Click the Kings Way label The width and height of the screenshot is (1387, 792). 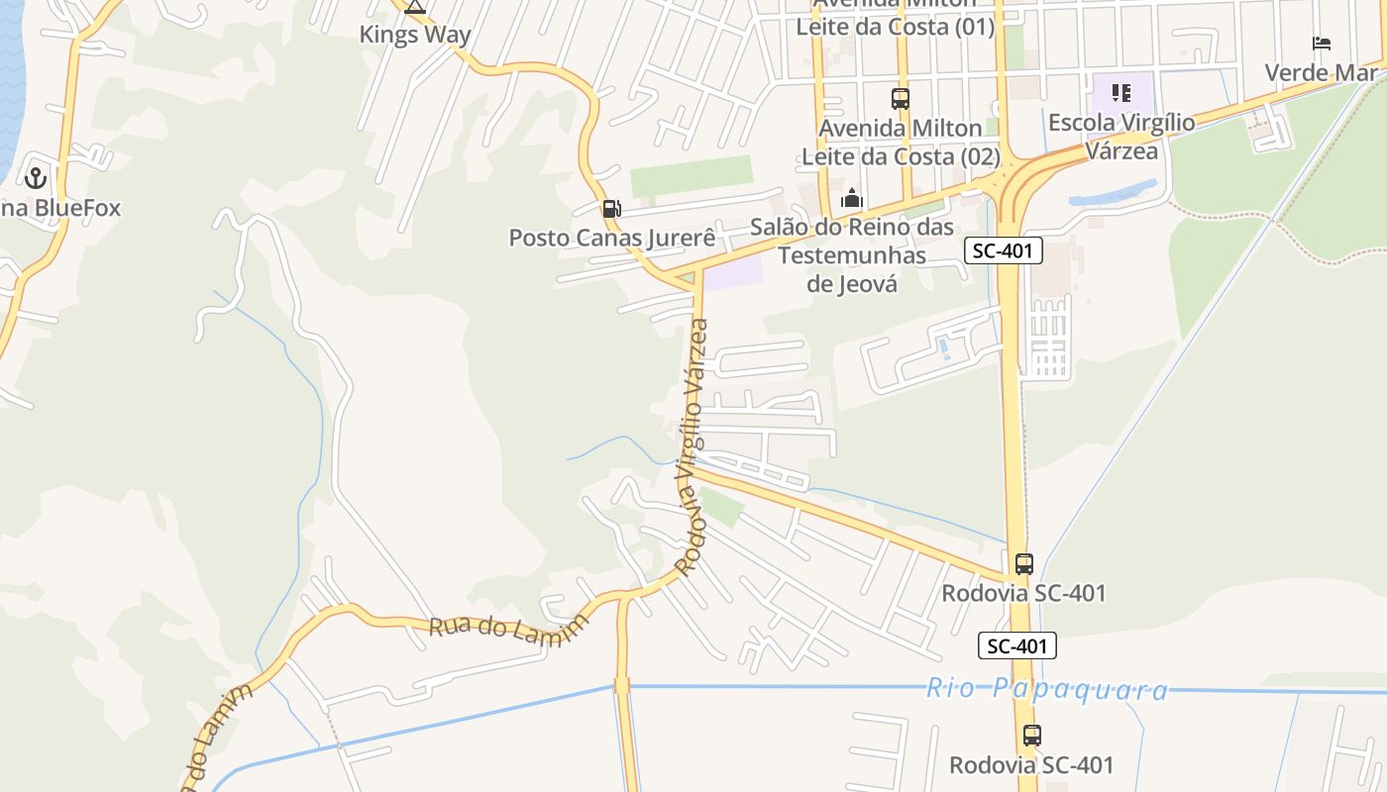pyautogui.click(x=414, y=35)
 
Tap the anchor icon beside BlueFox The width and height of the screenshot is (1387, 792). pyautogui.click(x=36, y=178)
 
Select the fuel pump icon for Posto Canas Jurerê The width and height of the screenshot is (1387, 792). pyautogui.click(x=611, y=208)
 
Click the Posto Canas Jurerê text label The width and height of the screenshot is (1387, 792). pyautogui.click(x=611, y=238)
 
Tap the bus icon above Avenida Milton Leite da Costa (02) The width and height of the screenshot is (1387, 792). pyautogui.click(x=900, y=99)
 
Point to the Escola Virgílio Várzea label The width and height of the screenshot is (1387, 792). pyautogui.click(x=1121, y=137)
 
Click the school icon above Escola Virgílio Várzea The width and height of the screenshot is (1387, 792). pyautogui.click(x=1121, y=93)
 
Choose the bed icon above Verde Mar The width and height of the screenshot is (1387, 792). pyautogui.click(x=1321, y=44)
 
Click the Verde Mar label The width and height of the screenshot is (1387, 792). pyautogui.click(x=1321, y=72)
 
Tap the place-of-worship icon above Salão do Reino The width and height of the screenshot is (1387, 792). pyautogui.click(x=851, y=199)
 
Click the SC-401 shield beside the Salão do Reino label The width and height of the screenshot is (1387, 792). pyautogui.click(x=1004, y=250)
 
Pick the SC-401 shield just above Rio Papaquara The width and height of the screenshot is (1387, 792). pyautogui.click(x=1017, y=645)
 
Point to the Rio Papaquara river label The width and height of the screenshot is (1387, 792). pyautogui.click(x=1047, y=689)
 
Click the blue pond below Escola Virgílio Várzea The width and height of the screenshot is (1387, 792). pyautogui.click(x=1115, y=193)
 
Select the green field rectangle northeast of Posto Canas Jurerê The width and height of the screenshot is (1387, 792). pyautogui.click(x=692, y=175)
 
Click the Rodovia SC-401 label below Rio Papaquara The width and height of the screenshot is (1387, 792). pyautogui.click(x=1031, y=765)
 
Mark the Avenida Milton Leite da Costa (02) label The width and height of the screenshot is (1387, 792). pyautogui.click(x=901, y=142)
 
